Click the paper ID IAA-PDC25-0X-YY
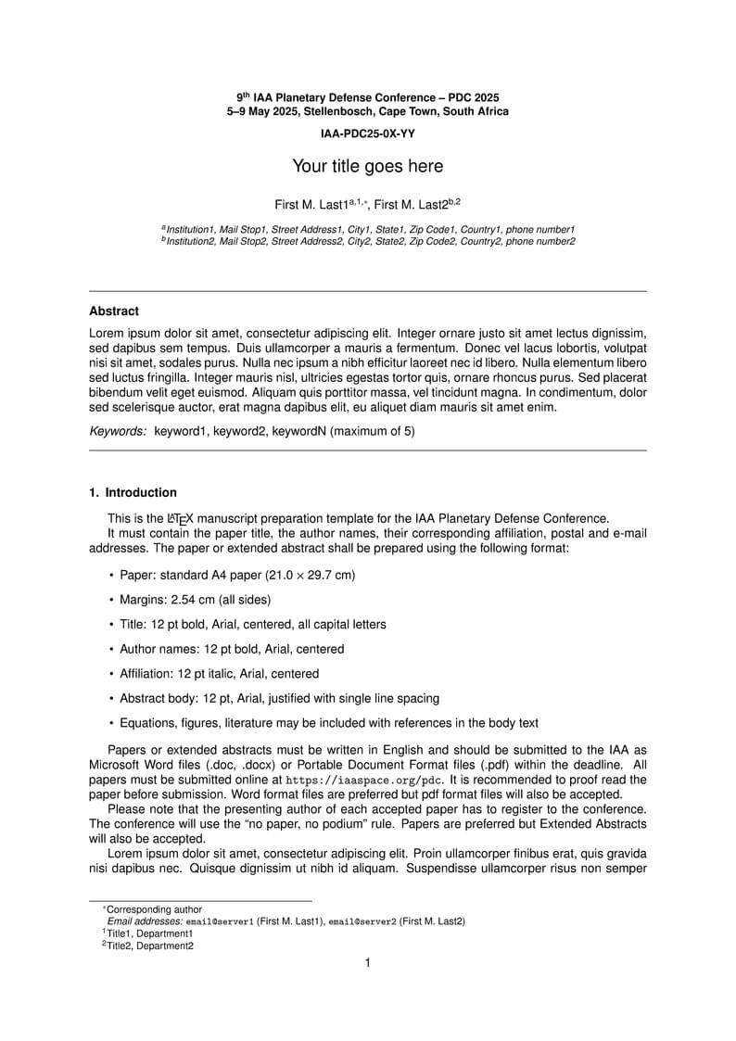click(367, 133)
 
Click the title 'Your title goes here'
click(367, 167)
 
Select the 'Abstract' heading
click(114, 311)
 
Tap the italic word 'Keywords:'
click(118, 431)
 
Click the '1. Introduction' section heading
click(133, 492)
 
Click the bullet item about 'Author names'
click(232, 649)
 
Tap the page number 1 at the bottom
click(368, 963)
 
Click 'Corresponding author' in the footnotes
click(154, 909)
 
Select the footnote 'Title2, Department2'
click(149, 946)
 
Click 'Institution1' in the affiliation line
click(190, 229)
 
